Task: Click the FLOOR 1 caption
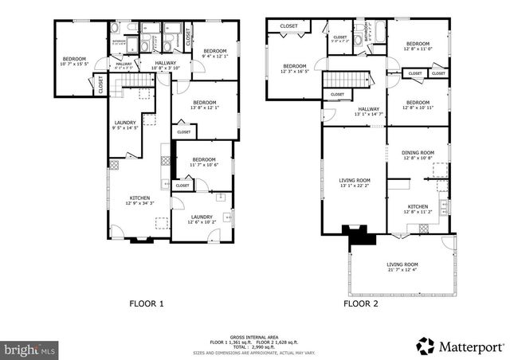(146, 303)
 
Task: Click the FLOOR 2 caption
(362, 303)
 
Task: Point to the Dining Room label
(418, 155)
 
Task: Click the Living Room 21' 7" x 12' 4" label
(402, 267)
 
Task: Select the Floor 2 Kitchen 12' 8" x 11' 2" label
(418, 209)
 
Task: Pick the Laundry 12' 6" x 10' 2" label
(202, 219)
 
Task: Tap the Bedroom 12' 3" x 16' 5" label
(294, 68)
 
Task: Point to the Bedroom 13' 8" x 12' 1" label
(204, 105)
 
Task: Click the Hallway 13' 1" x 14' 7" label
(368, 112)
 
